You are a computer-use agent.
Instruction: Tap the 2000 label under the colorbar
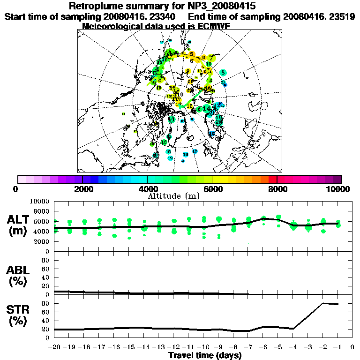tap(82, 189)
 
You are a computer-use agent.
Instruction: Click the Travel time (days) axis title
tap(205, 356)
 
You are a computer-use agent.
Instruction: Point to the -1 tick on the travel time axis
tap(337, 347)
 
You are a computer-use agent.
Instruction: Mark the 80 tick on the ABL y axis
tap(45, 260)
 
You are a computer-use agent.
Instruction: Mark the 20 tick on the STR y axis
tap(45, 330)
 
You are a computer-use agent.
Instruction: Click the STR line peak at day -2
tap(323, 303)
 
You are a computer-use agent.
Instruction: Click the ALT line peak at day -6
tap(264, 218)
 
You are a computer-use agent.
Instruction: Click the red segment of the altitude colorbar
tap(272, 179)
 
